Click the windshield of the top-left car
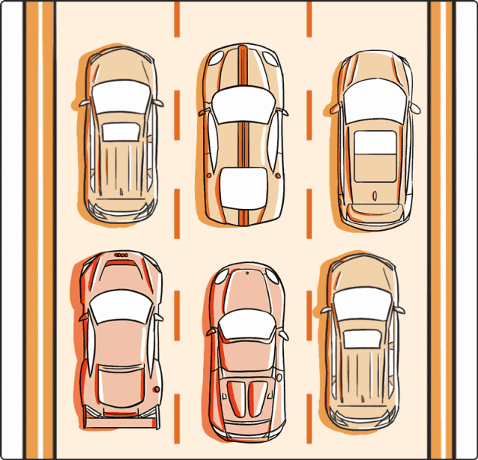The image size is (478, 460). [x=120, y=96]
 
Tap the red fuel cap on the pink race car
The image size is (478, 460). [x=156, y=389]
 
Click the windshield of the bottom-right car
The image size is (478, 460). [x=362, y=302]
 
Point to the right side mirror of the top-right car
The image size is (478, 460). [x=415, y=108]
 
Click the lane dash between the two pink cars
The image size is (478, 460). [x=178, y=351]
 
